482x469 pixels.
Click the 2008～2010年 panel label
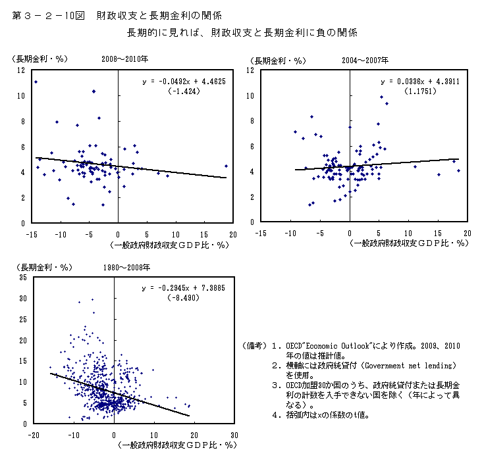click(126, 60)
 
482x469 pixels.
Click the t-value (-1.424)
click(183, 91)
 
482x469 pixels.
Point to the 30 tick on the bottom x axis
click(234, 435)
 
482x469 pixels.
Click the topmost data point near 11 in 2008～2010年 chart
click(36, 82)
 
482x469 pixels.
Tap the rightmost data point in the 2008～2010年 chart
click(226, 166)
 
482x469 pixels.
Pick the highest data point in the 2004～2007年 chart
click(381, 97)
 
